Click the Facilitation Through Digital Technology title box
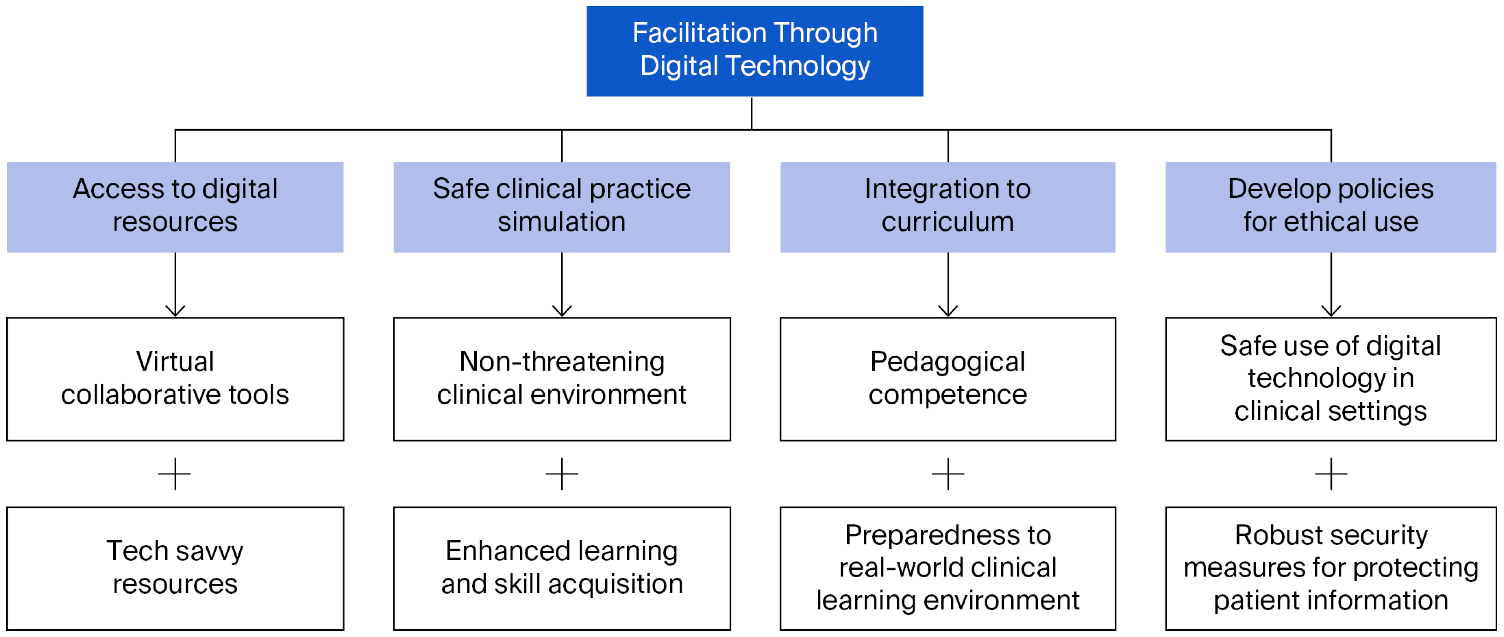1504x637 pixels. (x=754, y=51)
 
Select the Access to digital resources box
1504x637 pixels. (x=175, y=207)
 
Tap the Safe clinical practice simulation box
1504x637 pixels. (x=561, y=207)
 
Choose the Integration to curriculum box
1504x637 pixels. (x=948, y=207)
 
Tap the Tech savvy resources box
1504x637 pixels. (x=175, y=568)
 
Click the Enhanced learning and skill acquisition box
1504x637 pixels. (x=561, y=568)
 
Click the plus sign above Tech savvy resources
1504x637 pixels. (x=175, y=474)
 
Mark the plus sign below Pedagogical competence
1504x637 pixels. (x=948, y=474)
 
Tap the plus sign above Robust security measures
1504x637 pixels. (x=1331, y=474)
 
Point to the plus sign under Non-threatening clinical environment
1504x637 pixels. (x=561, y=474)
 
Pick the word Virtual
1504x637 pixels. (x=175, y=361)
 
